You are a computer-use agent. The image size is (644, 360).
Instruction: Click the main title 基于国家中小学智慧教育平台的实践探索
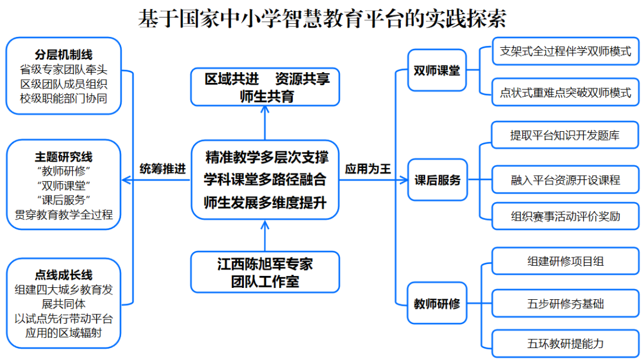click(x=322, y=18)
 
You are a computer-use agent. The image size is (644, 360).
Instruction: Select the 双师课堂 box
click(x=437, y=70)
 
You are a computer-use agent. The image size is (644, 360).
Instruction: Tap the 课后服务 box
click(x=438, y=179)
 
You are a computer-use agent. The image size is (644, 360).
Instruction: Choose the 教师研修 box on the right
click(x=437, y=303)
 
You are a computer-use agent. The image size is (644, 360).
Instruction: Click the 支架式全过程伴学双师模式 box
click(x=565, y=51)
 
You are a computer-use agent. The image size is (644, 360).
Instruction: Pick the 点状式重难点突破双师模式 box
click(x=565, y=92)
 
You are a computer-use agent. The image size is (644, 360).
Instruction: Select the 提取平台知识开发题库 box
click(x=565, y=135)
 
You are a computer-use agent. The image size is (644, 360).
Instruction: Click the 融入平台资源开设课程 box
click(x=565, y=179)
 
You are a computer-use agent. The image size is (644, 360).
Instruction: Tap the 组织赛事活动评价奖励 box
click(x=565, y=216)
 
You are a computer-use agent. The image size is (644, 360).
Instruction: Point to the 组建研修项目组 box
click(x=565, y=260)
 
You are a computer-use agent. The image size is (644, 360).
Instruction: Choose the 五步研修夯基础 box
click(x=565, y=303)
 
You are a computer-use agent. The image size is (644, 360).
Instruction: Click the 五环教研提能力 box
click(x=565, y=344)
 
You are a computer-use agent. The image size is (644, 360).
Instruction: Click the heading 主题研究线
click(x=64, y=157)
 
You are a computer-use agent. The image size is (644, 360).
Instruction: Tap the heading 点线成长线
click(x=64, y=275)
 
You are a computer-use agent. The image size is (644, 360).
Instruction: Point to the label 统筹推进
click(x=163, y=169)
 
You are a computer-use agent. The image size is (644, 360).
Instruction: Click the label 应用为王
click(x=368, y=169)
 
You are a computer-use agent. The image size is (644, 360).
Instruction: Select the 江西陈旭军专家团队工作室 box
click(x=265, y=272)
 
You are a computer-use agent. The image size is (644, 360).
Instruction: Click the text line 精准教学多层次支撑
click(x=265, y=157)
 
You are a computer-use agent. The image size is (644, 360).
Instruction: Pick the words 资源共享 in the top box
click(x=303, y=79)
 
